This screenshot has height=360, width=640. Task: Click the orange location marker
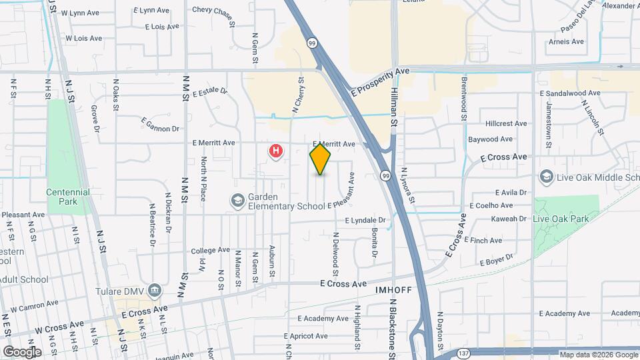point(321,159)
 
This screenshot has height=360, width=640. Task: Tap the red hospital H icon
point(275,151)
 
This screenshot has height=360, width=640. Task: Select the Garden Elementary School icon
point(237,200)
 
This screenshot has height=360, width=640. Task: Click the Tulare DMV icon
point(155,290)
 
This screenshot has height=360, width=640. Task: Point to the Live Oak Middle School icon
point(547,177)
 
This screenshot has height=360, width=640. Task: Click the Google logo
point(22,351)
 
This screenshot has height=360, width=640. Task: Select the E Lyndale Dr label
point(365,220)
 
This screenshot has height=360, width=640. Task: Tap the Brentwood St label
point(464,99)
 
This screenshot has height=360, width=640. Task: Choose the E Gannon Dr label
point(161,124)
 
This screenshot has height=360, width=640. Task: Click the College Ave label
point(210,251)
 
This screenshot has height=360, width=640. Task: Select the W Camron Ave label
point(33,307)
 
